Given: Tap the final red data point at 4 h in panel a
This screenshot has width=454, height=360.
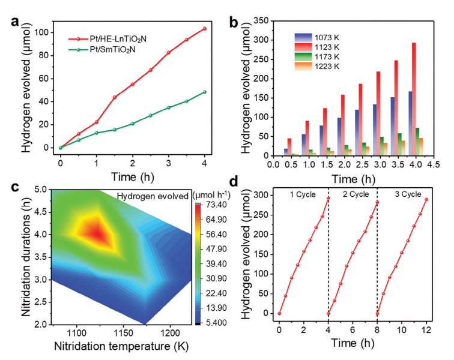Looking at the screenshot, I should pos(205,29).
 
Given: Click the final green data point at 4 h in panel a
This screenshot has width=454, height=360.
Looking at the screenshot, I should pos(205,92).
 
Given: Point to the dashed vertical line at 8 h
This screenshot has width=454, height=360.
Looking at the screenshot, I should pos(377,252).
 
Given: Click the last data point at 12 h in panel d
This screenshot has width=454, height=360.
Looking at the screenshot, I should pos(426,199).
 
